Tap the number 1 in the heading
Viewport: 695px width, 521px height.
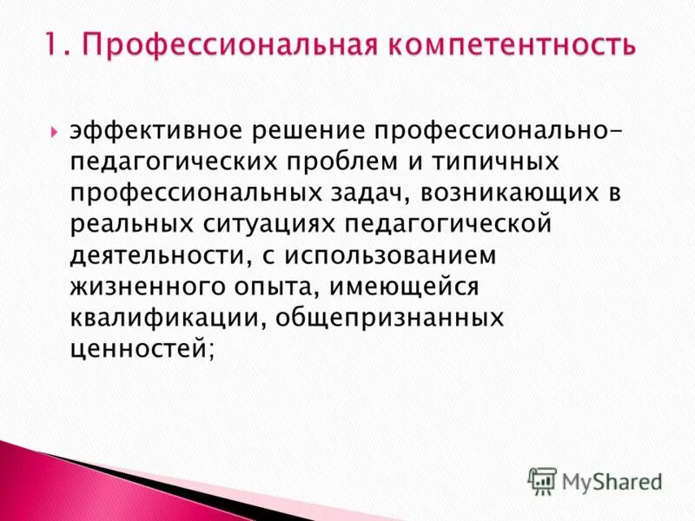(53, 44)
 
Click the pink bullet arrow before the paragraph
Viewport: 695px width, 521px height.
(54, 133)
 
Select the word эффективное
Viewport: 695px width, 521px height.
(157, 131)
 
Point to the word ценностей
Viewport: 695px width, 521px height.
(140, 350)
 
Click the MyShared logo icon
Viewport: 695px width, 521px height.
(543, 480)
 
